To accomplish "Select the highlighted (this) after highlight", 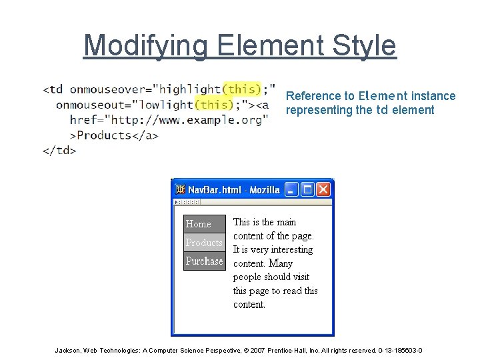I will click(241, 89).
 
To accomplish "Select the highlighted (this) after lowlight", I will click(215, 104).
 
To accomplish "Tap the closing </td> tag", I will click(59, 150).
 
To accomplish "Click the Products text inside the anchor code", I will click(103, 135).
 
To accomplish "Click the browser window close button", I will click(323, 189).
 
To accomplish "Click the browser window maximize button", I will click(307, 189).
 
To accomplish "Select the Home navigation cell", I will click(204, 224).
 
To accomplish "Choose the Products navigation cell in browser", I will click(204, 243).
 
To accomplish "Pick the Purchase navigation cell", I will click(204, 261).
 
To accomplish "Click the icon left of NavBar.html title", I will click(180, 190).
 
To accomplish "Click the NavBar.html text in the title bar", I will click(215, 190).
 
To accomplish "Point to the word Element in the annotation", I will click(383, 95).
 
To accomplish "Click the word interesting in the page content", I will click(291, 249).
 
